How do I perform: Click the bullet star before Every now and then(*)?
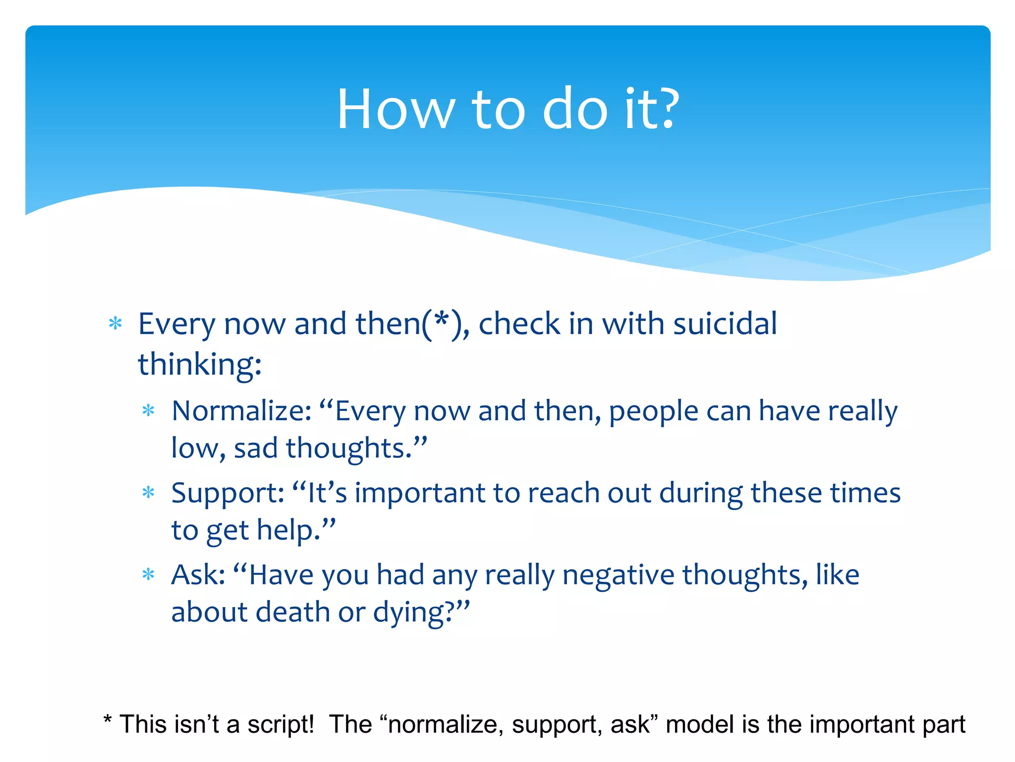click(115, 324)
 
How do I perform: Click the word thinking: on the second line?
click(199, 365)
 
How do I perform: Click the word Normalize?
click(241, 411)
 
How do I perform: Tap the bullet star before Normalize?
click(148, 411)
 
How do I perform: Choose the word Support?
click(227, 493)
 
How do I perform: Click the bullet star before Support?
click(148, 493)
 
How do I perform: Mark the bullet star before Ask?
click(148, 575)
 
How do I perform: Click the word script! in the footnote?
click(281, 724)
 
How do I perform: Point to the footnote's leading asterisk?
click(107, 719)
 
